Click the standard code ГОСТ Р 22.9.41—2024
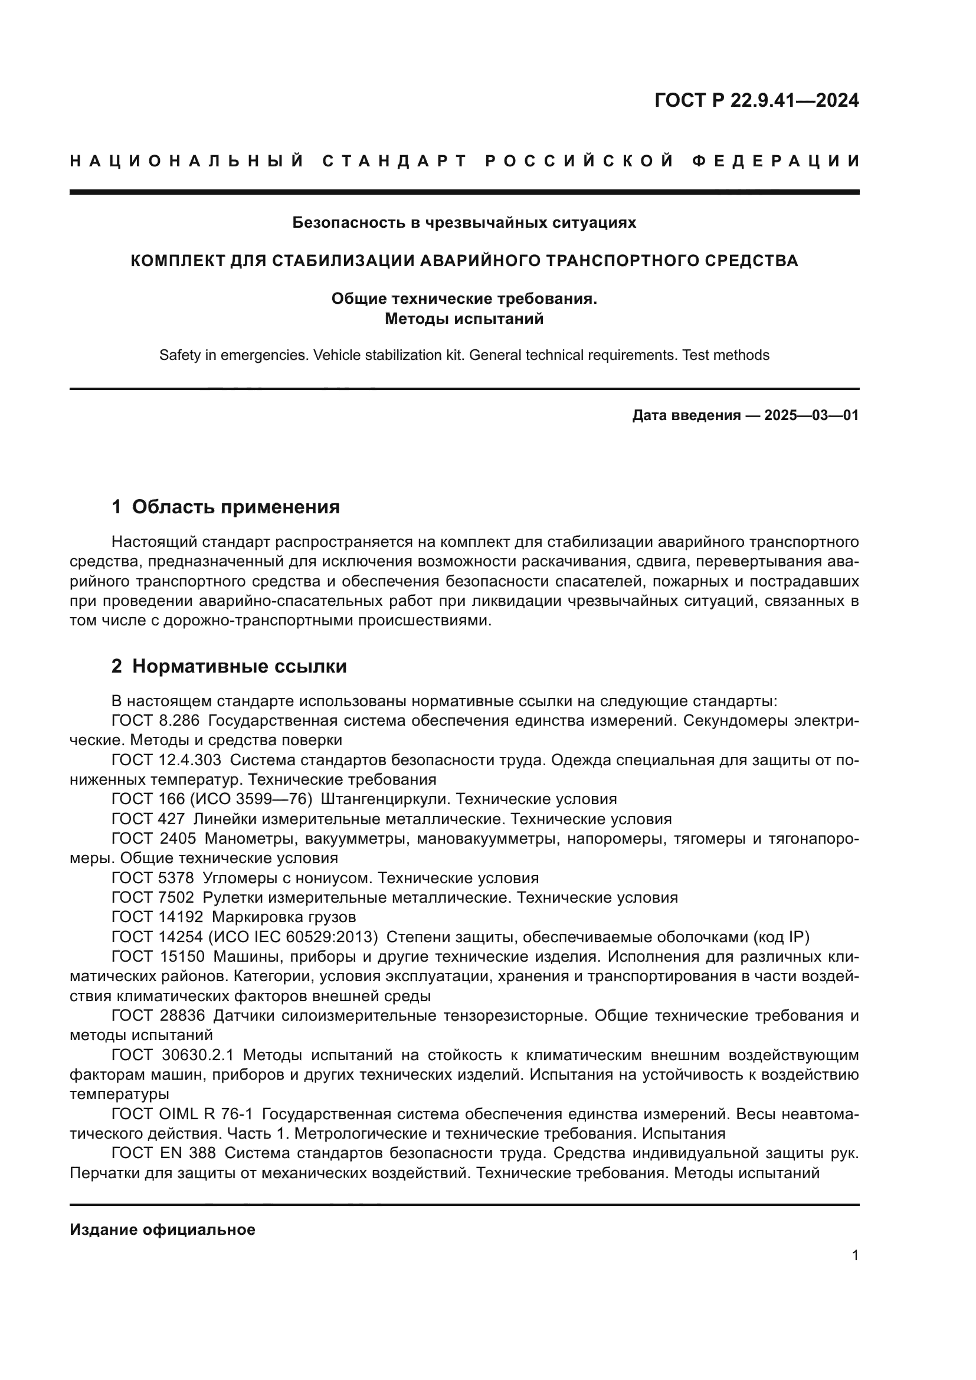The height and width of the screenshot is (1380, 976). click(756, 100)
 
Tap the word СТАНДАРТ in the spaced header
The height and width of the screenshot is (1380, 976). click(395, 161)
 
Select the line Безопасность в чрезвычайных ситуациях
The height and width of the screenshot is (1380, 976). click(464, 222)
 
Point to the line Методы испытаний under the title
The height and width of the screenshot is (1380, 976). click(464, 319)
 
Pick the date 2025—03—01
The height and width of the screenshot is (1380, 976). click(811, 415)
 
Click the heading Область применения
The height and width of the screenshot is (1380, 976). click(235, 507)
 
